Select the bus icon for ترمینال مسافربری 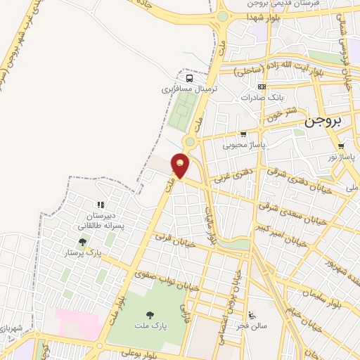point(188,79)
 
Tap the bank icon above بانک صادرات point(262,86)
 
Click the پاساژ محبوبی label point(242,145)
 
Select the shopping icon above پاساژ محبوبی point(243,134)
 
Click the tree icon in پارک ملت point(148,315)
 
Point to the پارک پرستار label point(83,251)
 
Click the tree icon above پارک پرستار point(83,241)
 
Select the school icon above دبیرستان point(90,205)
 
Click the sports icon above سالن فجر point(252,314)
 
